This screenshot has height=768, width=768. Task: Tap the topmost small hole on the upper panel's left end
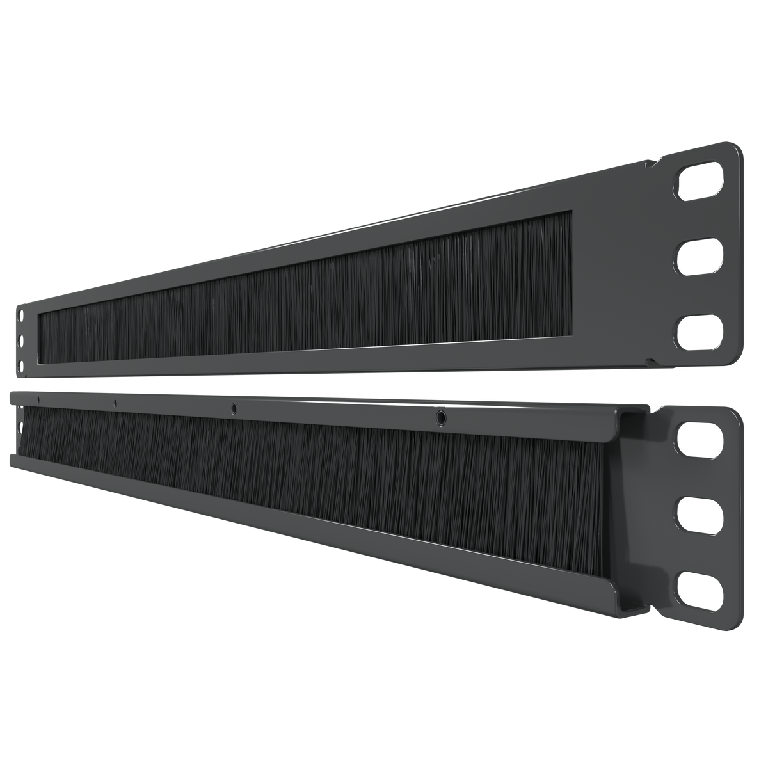(21, 314)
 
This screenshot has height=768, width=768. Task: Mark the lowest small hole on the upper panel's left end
(21, 366)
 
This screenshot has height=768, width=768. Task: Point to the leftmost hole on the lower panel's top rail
(38, 399)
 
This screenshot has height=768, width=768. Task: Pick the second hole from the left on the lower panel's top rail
(115, 403)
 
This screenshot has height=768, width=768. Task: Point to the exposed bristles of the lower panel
(320, 470)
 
